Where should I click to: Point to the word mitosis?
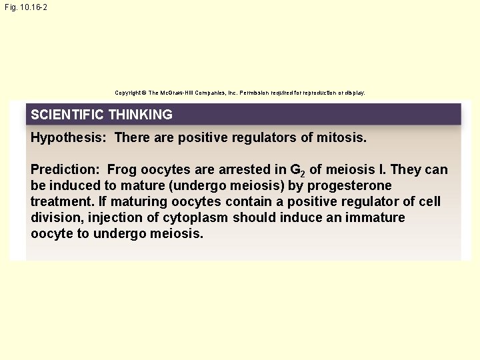341,138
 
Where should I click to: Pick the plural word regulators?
267,138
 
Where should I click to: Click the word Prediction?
65,170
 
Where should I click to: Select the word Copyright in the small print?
129,93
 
